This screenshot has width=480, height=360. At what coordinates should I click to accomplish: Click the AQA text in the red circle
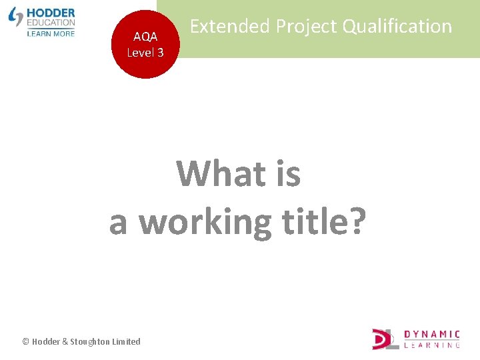(145, 37)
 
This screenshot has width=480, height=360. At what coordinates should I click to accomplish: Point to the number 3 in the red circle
(160, 52)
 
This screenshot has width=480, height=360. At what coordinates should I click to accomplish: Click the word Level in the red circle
(140, 52)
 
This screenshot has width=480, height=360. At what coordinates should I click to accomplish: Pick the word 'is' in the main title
(287, 174)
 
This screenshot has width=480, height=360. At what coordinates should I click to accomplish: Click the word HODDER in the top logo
(51, 13)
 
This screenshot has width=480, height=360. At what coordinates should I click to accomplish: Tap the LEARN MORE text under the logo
(51, 33)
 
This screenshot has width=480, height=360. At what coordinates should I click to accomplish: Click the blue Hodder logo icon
(15, 17)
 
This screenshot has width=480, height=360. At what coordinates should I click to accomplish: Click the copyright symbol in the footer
(25, 341)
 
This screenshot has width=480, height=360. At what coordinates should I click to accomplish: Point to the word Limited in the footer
(126, 341)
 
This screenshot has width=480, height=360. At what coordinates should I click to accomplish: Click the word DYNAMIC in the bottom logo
(431, 334)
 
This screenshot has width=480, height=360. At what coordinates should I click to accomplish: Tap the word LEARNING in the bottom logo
(431, 345)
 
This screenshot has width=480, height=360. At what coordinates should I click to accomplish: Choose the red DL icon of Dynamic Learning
(385, 339)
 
